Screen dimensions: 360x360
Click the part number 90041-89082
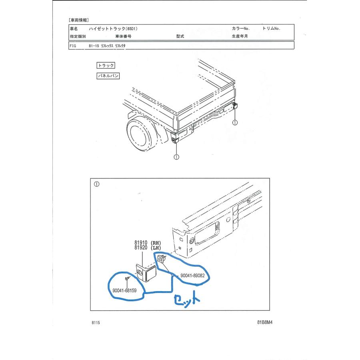point(192,276)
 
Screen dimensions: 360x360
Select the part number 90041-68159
point(124,290)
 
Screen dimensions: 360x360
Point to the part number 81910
point(141,243)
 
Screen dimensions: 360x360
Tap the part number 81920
point(141,248)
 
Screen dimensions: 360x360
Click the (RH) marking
point(156,243)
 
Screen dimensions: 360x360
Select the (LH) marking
point(156,248)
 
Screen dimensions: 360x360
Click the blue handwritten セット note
point(187,299)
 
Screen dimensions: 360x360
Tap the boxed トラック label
point(106,66)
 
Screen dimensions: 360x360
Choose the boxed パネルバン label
point(108,76)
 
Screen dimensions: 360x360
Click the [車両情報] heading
point(78,20)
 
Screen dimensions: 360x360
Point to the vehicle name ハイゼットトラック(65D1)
point(113,29)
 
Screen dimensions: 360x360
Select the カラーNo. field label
point(241,28)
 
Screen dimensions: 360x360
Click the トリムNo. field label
point(271,28)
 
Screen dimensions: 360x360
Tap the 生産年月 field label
point(240,36)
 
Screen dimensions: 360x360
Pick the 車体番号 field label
point(123,36)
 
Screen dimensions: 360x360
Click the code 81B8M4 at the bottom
point(265,322)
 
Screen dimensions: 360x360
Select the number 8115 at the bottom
point(96,322)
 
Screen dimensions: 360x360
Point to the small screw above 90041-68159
point(127,278)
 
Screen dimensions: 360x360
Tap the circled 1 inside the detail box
point(97,184)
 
